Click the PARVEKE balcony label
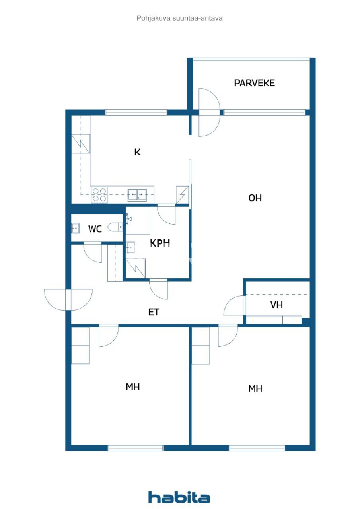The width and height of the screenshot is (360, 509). pyautogui.click(x=254, y=83)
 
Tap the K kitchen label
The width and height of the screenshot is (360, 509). pyautogui.click(x=137, y=152)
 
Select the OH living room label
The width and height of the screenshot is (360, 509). pyautogui.click(x=255, y=198)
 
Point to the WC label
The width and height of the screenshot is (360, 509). pyautogui.click(x=95, y=229)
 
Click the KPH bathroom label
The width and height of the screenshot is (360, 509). pyautogui.click(x=160, y=243)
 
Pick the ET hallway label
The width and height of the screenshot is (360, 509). pyautogui.click(x=154, y=313)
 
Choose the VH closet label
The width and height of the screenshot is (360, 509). pyautogui.click(x=276, y=305)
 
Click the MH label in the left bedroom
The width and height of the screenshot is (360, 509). pyautogui.click(x=133, y=387)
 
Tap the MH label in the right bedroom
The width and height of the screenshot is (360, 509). pyautogui.click(x=255, y=389)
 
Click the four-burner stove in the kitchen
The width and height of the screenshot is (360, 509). pyautogui.click(x=99, y=195)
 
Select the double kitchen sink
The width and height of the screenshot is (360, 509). pyautogui.click(x=137, y=195)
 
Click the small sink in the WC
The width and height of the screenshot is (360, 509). pyautogui.click(x=75, y=228)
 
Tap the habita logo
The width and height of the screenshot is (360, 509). pyautogui.click(x=179, y=497)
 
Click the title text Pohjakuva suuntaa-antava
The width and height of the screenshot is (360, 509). pyautogui.click(x=179, y=18)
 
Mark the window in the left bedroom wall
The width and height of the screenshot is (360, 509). pyautogui.click(x=136, y=448)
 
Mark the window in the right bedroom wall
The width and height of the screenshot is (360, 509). pyautogui.click(x=257, y=448)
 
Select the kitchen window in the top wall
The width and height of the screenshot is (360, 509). pyautogui.click(x=136, y=113)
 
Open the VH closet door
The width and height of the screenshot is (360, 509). pyautogui.click(x=234, y=306)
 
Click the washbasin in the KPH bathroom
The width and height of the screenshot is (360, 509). pyautogui.click(x=130, y=247)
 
